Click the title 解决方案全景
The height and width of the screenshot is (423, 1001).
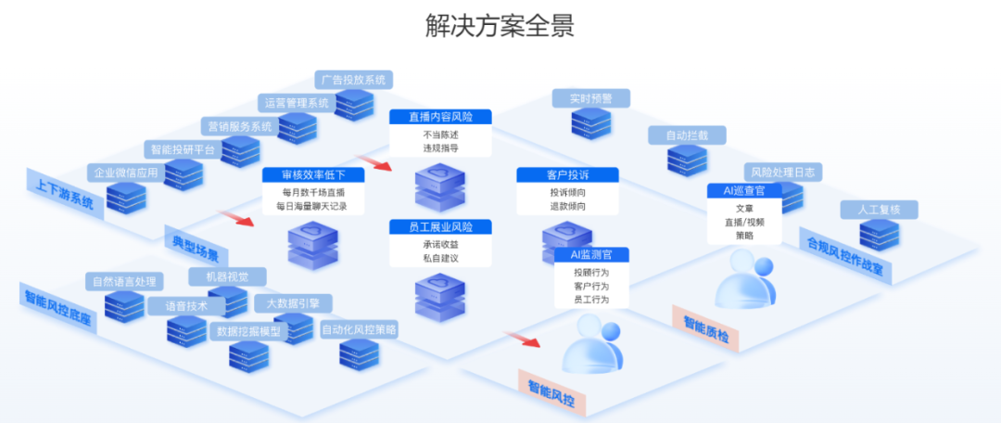500,25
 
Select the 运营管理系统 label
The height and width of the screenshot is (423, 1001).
297,102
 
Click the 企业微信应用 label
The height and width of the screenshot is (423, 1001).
123,173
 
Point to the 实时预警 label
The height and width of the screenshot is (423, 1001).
590,97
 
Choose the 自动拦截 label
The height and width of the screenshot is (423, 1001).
687,135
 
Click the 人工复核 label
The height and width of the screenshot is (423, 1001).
879,209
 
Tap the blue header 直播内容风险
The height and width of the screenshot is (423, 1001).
440,117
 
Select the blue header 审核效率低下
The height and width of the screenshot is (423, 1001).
312,174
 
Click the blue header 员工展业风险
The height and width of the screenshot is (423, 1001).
440,227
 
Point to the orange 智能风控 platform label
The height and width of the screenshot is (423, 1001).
552,392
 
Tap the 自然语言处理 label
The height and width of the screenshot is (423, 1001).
123,281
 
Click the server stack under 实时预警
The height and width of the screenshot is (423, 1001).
590,122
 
